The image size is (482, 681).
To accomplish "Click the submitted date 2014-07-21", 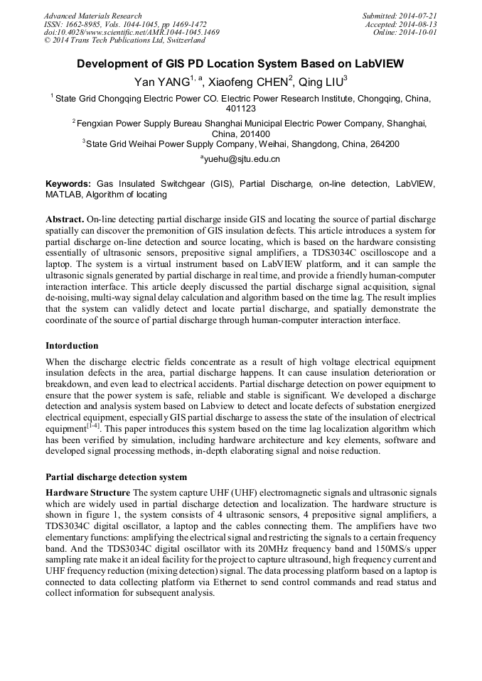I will tap(419, 16).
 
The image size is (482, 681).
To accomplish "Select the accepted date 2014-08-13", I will tap(419, 24).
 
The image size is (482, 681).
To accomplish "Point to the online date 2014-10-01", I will tap(419, 33).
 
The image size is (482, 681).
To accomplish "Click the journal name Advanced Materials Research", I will tap(92, 16).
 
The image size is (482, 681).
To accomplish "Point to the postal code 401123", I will tap(240, 109).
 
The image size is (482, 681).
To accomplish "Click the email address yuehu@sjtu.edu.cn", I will tap(242, 159).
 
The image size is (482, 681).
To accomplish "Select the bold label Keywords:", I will tap(68, 183).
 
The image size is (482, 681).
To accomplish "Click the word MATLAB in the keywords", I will tap(65, 194).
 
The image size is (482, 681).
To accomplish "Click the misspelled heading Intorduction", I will tap(72, 346).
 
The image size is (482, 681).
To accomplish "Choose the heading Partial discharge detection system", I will tap(116, 476).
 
